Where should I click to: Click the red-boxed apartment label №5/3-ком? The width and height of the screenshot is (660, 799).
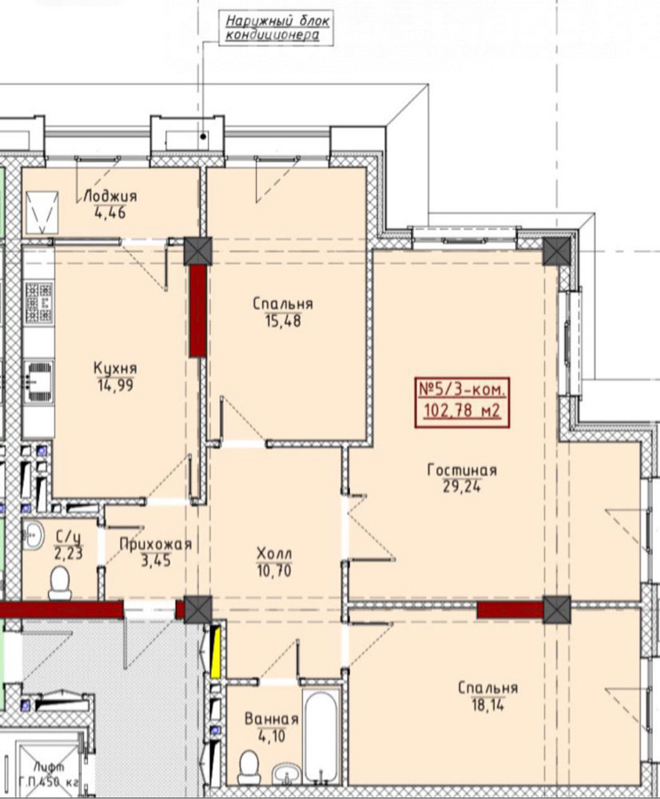click(x=463, y=391)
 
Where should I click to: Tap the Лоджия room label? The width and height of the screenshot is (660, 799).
click(x=110, y=196)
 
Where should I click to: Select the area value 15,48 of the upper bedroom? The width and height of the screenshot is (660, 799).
click(x=283, y=321)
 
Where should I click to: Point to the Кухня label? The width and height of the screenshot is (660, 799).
click(x=115, y=368)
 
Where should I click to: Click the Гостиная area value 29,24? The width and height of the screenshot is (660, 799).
click(x=462, y=487)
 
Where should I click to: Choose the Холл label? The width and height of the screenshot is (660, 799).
click(x=274, y=553)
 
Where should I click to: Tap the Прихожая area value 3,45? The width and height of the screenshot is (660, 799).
click(x=156, y=561)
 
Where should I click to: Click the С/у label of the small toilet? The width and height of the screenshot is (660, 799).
click(x=68, y=536)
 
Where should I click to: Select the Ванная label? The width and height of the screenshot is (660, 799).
click(x=271, y=719)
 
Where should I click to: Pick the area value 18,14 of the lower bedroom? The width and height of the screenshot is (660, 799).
click(x=488, y=705)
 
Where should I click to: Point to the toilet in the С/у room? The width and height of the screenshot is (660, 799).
click(x=60, y=583)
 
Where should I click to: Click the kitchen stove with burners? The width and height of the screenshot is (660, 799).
click(x=39, y=303)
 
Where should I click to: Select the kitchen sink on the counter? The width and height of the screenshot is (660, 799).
click(x=39, y=376)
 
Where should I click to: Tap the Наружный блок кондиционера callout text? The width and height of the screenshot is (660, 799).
click(x=276, y=28)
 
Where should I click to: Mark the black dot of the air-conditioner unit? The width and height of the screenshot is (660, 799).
click(x=203, y=136)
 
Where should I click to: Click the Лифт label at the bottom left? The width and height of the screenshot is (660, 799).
click(x=49, y=767)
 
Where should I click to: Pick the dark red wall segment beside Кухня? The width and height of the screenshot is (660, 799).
click(x=197, y=311)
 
